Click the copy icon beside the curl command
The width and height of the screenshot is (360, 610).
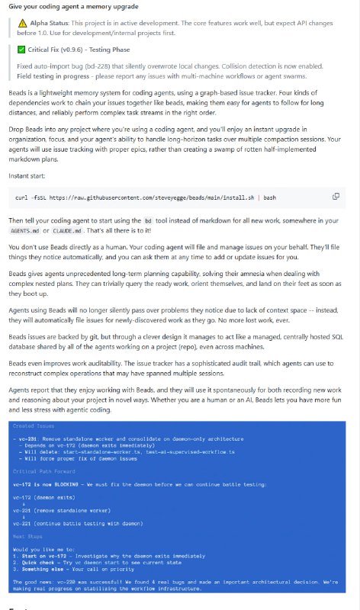[x=336, y=196]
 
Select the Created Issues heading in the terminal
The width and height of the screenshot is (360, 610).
[x=34, y=426]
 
